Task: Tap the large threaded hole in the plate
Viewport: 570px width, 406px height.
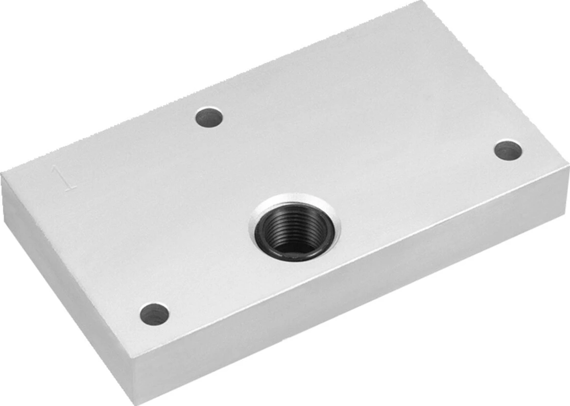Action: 295,228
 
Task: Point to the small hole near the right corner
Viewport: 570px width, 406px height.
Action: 509,151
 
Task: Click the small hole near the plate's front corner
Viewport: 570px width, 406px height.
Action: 154,315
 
